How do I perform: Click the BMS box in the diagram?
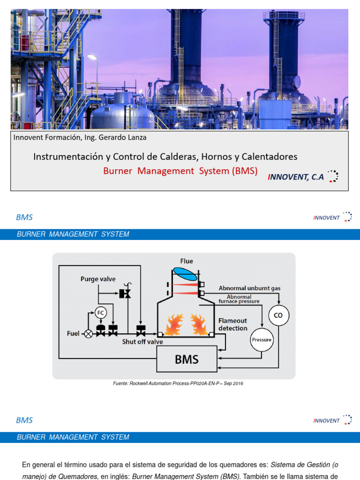[187, 359]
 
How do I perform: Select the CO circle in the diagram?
[278, 315]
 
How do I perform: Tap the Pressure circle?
[262, 339]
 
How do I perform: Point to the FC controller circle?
[100, 312]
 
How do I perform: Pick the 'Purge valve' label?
[98, 279]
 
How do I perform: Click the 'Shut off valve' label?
[142, 342]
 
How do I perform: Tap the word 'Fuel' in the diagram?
[73, 333]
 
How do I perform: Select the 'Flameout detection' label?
[232, 324]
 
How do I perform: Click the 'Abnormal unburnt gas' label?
[250, 288]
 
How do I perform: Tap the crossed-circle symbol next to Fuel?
[88, 334]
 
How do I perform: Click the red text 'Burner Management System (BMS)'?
[180, 171]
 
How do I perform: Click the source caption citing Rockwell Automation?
[178, 383]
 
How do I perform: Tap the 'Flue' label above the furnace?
[187, 261]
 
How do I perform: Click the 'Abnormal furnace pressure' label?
[239, 299]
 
